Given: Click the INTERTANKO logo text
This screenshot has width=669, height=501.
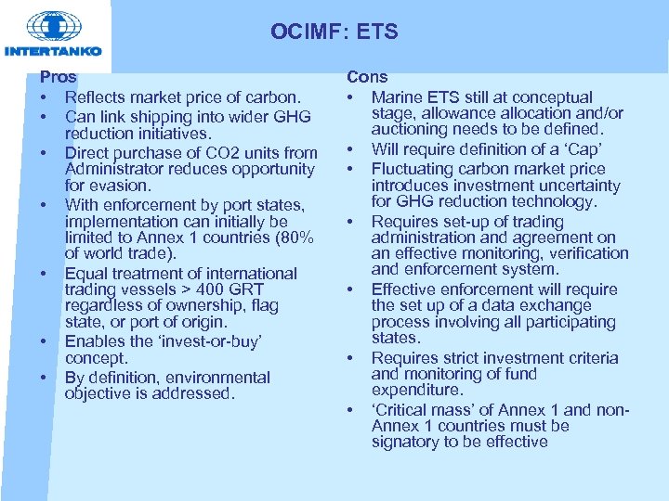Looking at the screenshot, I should pyautogui.click(x=53, y=51).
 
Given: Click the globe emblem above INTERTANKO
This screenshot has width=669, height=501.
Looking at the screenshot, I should pyautogui.click(x=53, y=25).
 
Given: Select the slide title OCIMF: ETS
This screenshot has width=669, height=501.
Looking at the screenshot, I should pyautogui.click(x=334, y=32).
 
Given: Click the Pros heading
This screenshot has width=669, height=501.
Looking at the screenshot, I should pyautogui.click(x=58, y=78).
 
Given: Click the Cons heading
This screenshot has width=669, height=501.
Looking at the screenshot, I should pyautogui.click(x=367, y=78).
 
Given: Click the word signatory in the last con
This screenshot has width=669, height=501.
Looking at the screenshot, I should pyautogui.click(x=407, y=442).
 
